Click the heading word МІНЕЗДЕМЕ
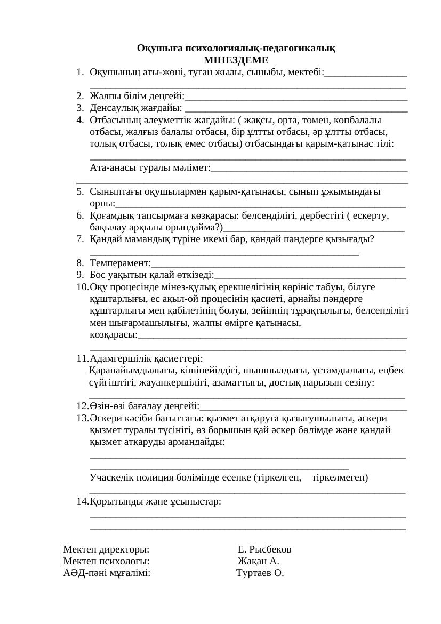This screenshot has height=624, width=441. point(236,60)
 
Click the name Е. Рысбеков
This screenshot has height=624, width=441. point(264,549)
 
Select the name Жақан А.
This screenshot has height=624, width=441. point(258,561)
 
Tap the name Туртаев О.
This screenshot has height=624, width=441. point(260,573)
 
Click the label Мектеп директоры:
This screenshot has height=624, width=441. point(106,549)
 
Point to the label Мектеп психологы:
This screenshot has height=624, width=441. point(106,561)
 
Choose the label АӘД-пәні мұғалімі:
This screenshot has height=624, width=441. point(107,573)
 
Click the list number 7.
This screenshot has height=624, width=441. point(79,239)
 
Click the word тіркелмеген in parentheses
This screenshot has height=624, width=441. point(339,477)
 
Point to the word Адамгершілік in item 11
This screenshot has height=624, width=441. point(118,358)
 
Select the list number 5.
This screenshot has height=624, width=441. point(79,191)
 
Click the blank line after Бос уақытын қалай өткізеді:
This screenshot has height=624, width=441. point(310,276)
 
